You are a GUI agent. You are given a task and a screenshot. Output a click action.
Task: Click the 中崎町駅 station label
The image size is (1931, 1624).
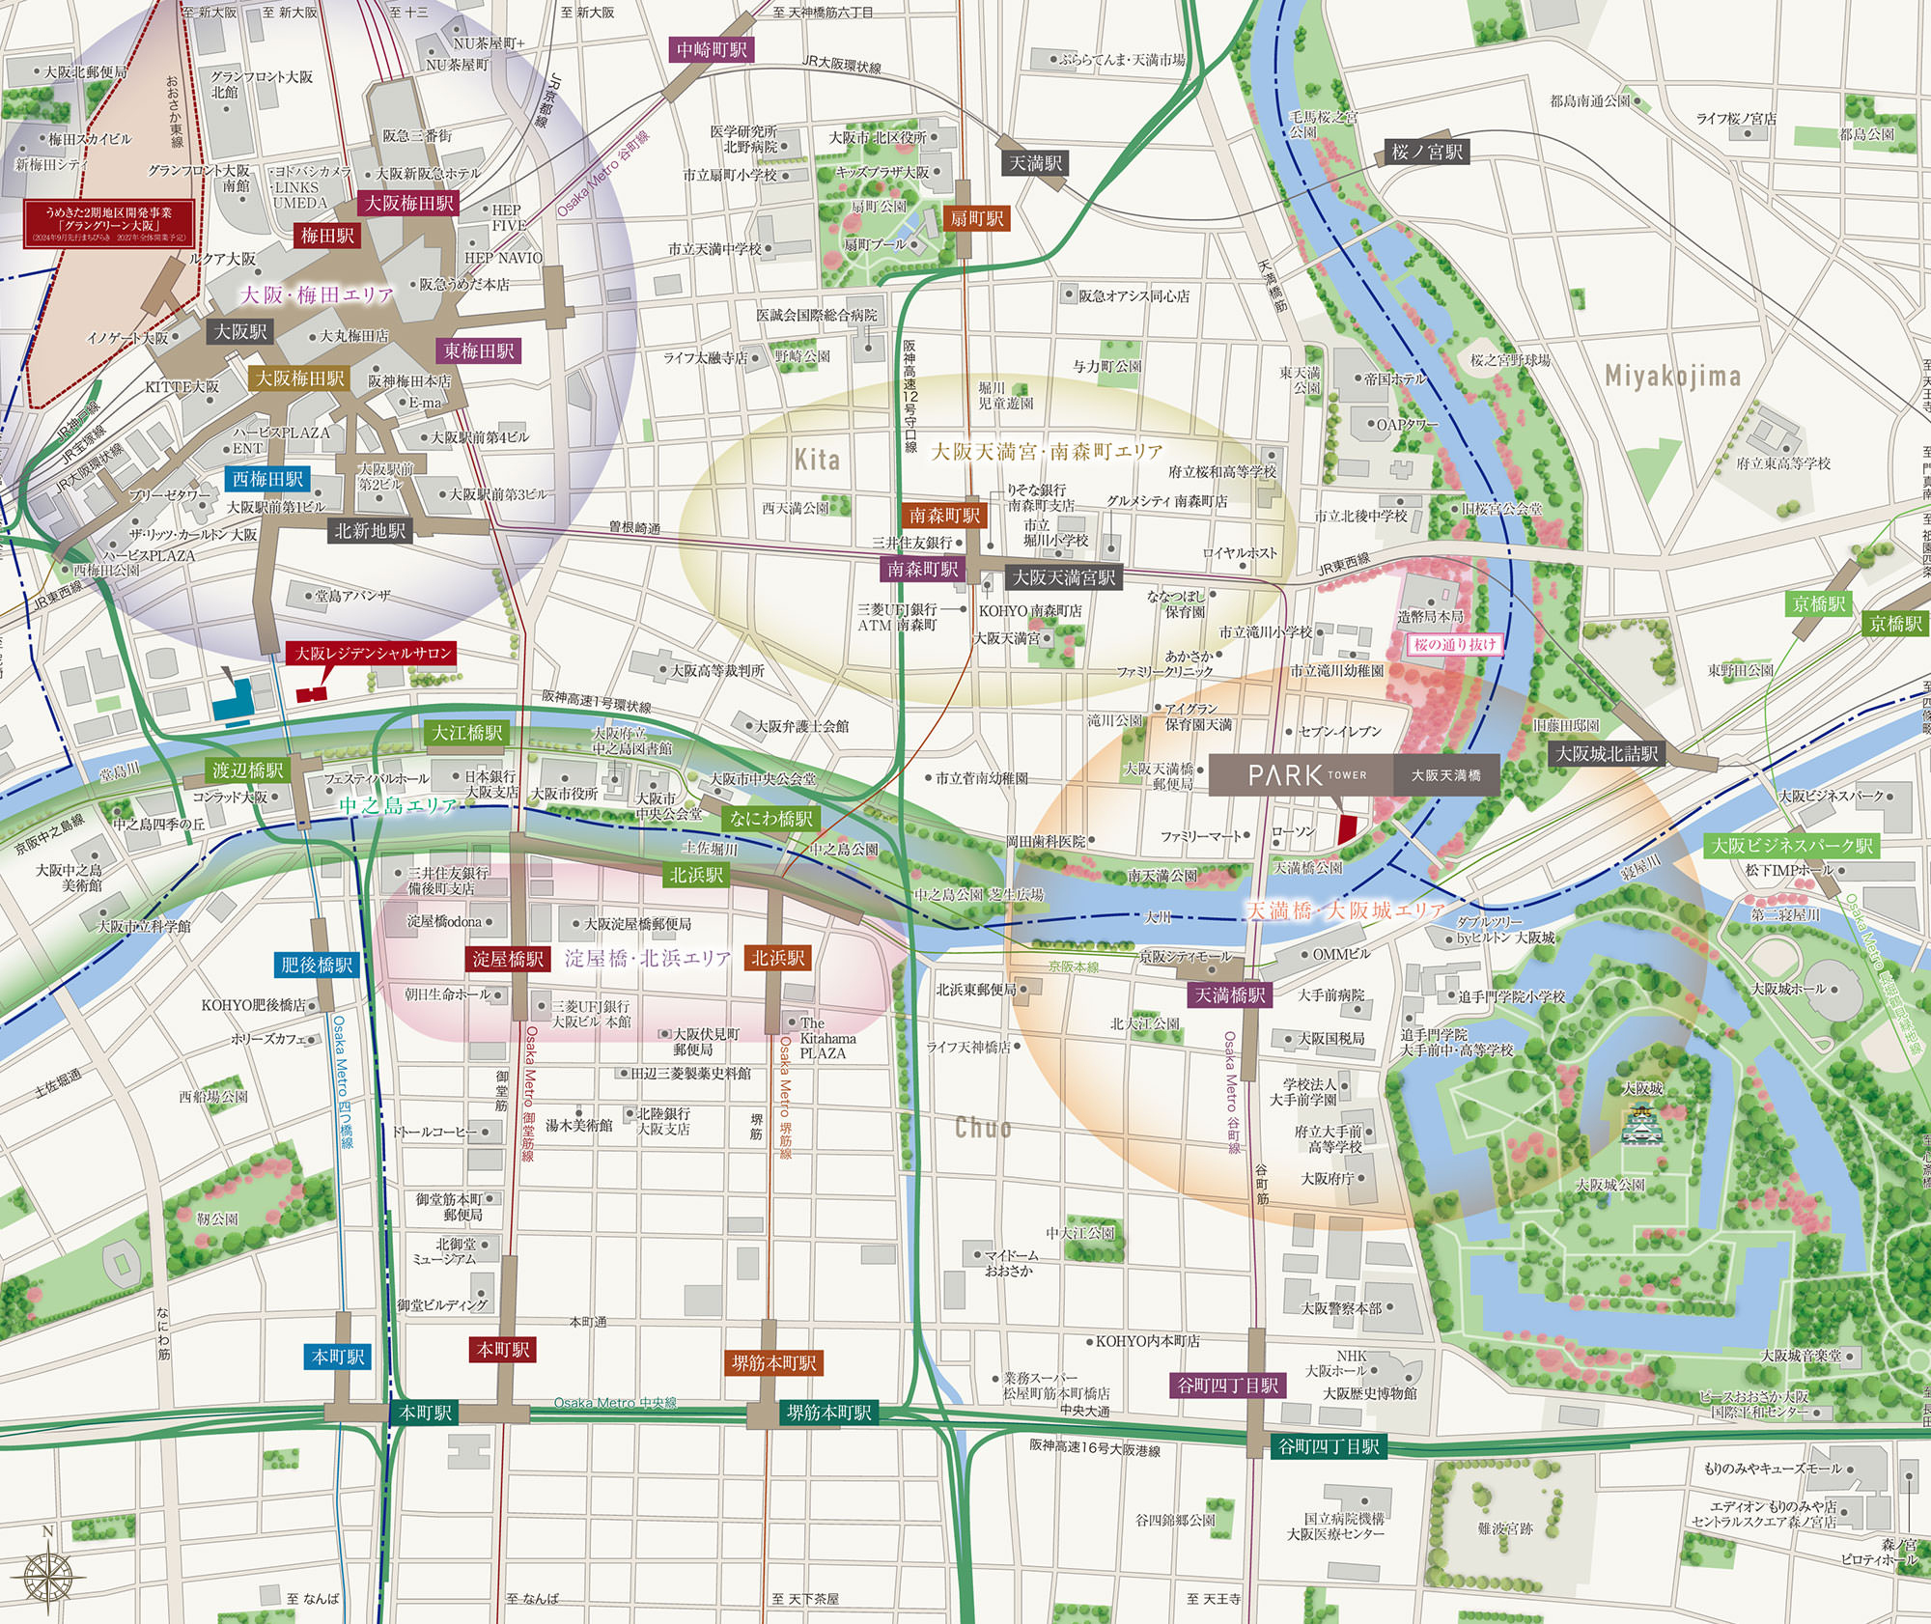pos(712,49)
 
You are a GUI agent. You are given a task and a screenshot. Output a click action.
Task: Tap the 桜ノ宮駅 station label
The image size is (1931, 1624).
pos(1427,152)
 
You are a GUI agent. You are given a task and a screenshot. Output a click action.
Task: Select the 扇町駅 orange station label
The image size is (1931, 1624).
pos(976,218)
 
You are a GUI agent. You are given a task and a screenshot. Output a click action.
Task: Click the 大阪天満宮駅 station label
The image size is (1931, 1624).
pos(1063,577)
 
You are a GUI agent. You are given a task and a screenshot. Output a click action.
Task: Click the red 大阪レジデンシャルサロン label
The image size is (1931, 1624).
pos(373,654)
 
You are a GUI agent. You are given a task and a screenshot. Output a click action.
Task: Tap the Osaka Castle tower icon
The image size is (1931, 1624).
pos(1643,1123)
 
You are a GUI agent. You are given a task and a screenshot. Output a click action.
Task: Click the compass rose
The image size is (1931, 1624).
pos(47,1578)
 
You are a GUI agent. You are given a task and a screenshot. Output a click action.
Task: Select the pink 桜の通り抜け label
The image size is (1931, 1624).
pos(1454,644)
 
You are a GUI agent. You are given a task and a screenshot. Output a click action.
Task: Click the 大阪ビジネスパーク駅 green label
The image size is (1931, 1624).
pos(1792,846)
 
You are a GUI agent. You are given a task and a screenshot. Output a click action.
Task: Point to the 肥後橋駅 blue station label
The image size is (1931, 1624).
pos(317,964)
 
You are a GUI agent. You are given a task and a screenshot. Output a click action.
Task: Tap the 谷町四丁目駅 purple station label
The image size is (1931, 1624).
pos(1227,1386)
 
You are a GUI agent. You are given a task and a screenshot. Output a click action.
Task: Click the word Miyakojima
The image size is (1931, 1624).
pos(1672,376)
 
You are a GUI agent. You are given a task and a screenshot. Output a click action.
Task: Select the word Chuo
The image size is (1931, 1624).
pos(983,1127)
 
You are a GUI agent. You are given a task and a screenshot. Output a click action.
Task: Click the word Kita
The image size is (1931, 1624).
pos(817,460)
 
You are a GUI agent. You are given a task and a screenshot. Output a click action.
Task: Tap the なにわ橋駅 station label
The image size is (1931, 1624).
pos(771,819)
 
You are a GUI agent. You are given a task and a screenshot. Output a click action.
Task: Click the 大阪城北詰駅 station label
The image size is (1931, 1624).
pos(1607,754)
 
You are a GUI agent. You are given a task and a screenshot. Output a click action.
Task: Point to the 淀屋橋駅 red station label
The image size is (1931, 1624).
pos(508,959)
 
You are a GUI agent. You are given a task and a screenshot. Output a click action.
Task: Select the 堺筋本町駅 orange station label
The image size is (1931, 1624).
pos(773,1363)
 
